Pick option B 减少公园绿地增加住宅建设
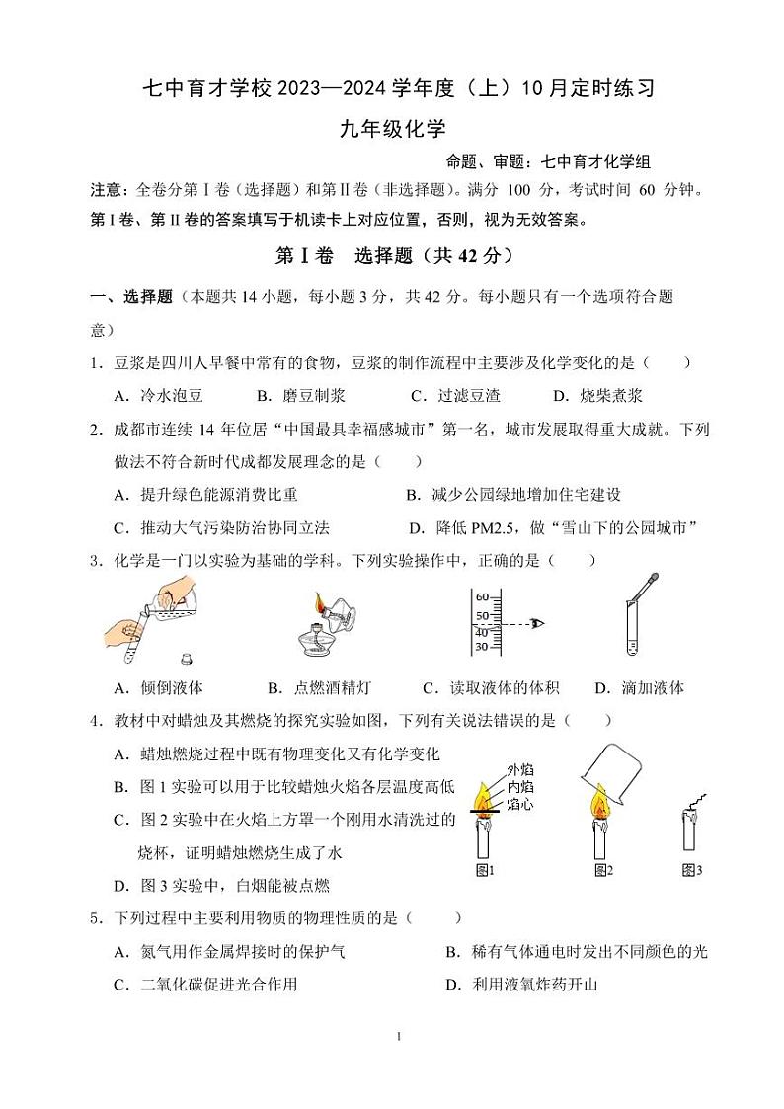tap(513, 494)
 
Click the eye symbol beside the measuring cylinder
tap(537, 623)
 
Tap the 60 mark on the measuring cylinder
tap(483, 597)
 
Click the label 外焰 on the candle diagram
tap(519, 769)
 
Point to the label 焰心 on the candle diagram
tap(519, 805)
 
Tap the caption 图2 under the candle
tap(602, 870)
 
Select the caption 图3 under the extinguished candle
tap(691, 870)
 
